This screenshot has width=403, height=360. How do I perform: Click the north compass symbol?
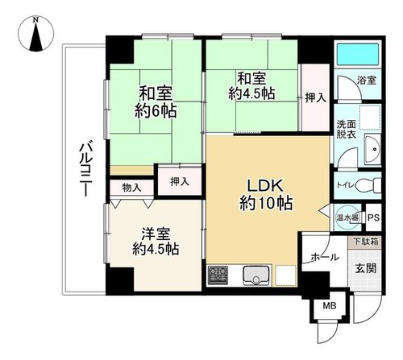pos(35,34)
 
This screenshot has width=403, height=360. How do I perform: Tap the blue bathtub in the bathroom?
pos(359,54)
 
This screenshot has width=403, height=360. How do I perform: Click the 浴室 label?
pos(367,81)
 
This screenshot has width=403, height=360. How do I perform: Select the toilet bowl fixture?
pos(368,185)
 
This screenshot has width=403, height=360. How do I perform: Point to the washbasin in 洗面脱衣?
pos(372,149)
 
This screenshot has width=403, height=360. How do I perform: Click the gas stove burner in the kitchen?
pos(218,275)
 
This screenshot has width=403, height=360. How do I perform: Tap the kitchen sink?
pos(256,275)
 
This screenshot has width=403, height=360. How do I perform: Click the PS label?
pos(373,217)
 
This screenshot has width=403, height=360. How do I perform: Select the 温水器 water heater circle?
pos(348,217)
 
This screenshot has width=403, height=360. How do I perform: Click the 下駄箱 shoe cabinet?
pos(365,242)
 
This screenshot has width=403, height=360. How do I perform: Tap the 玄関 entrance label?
pos(366,268)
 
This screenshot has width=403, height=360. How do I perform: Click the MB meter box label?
pos(330,306)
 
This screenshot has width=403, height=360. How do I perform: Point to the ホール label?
pos(325,258)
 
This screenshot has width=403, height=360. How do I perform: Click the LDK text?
pos(265,186)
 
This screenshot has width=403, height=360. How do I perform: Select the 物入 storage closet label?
pos(131,188)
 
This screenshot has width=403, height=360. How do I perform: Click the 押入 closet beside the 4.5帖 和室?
pos(316,98)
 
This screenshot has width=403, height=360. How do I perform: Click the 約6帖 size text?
pos(156,111)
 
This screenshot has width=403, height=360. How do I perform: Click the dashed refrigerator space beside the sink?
pos(285,275)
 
